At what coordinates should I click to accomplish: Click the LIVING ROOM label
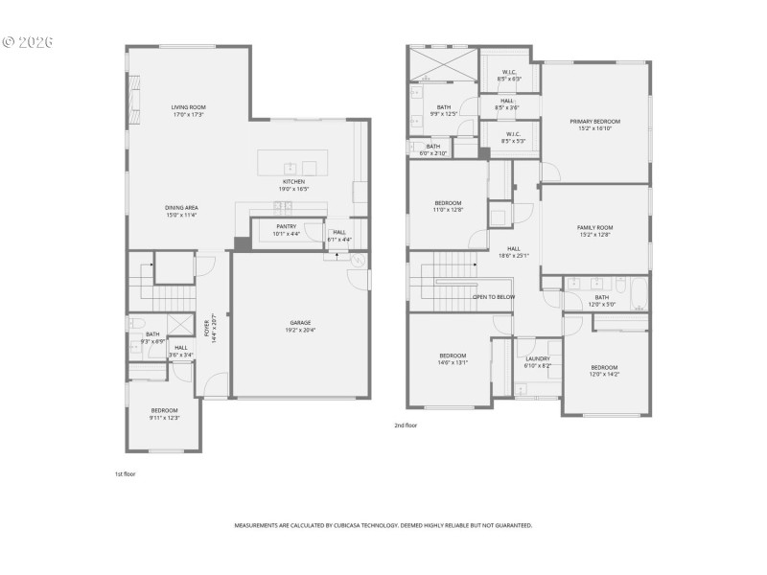coord(189,107)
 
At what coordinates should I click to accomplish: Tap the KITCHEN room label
coord(293,182)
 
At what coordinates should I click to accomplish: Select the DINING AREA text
coord(180,208)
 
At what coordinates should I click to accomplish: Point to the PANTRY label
coord(286,226)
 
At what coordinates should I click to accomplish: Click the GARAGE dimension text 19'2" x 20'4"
coord(301,330)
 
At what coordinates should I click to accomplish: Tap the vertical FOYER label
coord(207,327)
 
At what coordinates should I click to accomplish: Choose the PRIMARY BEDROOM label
coord(594,122)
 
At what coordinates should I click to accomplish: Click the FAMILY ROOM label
coord(594,228)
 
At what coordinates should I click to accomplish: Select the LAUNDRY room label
coord(537,359)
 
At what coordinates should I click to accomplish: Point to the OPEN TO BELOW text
coord(494,297)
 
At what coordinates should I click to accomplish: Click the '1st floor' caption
coord(125,473)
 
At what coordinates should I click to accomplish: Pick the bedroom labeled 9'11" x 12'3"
coord(164,411)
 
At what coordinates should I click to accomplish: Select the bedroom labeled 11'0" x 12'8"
coord(449,203)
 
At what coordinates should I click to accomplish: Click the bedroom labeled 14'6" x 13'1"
coord(453,356)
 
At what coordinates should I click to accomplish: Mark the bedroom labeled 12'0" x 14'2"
coord(604,368)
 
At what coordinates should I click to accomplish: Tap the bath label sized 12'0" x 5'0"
coord(601,297)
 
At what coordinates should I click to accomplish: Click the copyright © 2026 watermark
coord(28,42)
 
